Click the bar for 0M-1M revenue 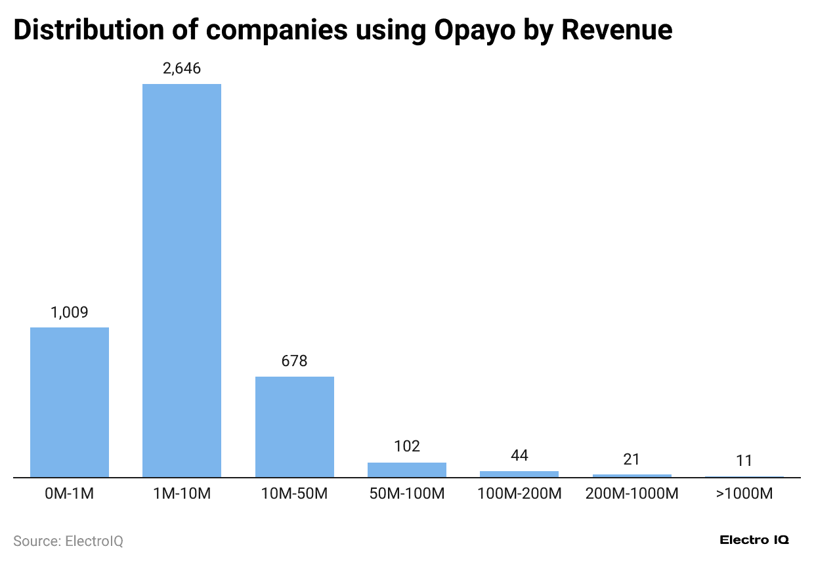tap(70, 402)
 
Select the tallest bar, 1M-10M tap(182, 280)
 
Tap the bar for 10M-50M tap(294, 427)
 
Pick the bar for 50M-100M tap(407, 470)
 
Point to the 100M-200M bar tap(519, 474)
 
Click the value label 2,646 tap(182, 69)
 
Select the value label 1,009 tap(70, 312)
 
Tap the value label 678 tap(294, 362)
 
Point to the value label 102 tap(407, 447)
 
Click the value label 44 tap(519, 455)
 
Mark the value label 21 tap(632, 459)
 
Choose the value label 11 tap(744, 461)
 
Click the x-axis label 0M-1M tap(70, 494)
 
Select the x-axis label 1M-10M tap(182, 494)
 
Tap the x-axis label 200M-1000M tap(632, 494)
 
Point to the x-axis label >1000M tap(744, 494)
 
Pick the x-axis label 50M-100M tap(407, 494)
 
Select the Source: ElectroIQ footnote tap(68, 541)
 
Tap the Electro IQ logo tap(754, 540)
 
